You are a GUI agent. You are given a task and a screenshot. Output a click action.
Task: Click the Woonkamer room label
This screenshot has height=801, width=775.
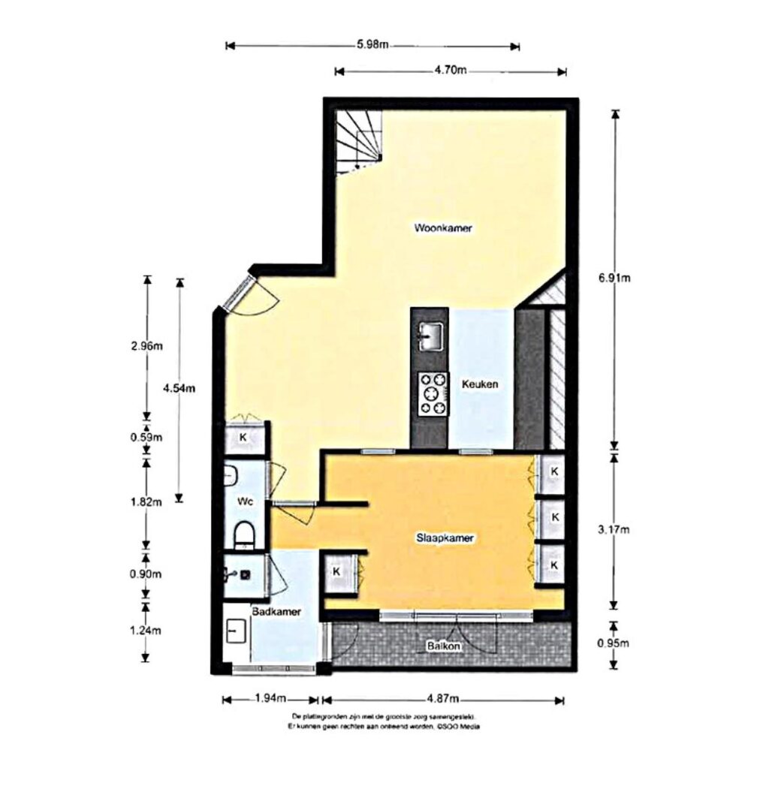pos(443,228)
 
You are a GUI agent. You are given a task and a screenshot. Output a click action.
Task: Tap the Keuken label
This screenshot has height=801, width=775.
pos(480,384)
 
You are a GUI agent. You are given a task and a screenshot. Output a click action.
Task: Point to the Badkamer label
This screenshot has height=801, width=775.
pos(276,612)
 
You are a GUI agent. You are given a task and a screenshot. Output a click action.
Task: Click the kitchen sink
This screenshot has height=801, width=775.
pos(430,336)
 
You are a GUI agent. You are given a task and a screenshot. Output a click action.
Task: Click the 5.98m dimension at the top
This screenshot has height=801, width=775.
pos(372,45)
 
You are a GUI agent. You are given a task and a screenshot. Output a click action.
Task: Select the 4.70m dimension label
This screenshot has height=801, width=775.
pos(451,71)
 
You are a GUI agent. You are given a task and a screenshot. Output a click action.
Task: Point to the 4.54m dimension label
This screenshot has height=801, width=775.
pos(179,388)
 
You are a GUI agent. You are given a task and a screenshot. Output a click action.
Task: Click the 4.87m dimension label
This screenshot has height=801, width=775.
pos(443,700)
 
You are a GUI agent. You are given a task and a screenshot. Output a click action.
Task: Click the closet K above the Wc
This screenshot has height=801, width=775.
pos(243,437)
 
